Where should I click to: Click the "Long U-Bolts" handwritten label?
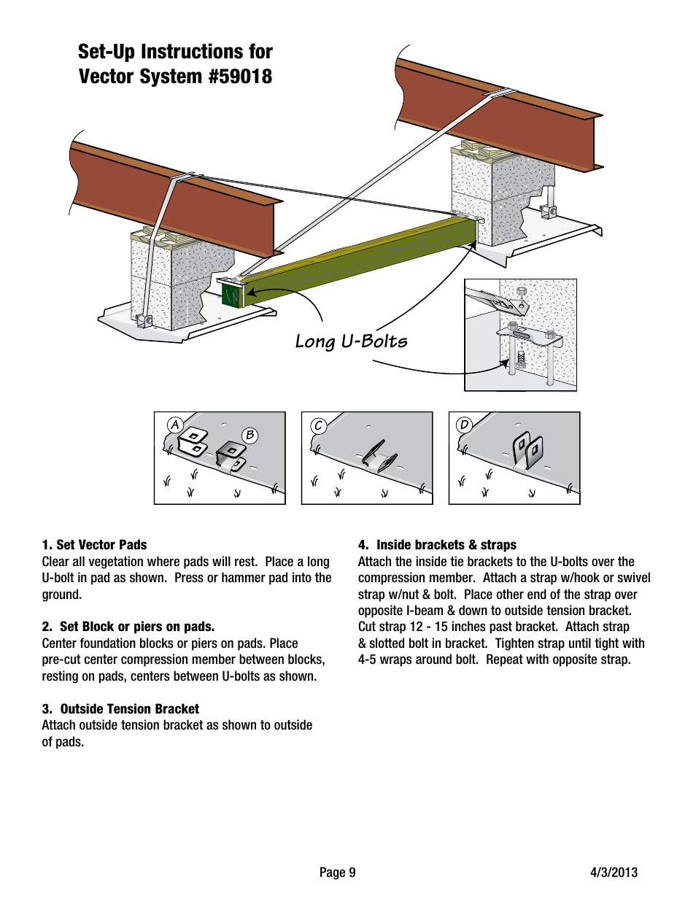[351, 341]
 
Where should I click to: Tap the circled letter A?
[174, 425]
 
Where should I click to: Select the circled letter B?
[250, 435]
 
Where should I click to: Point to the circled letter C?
[318, 425]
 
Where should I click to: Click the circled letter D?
[464, 425]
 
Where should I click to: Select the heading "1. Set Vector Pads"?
[94, 545]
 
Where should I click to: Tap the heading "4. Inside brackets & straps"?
[437, 545]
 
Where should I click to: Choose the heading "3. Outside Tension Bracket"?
[120, 709]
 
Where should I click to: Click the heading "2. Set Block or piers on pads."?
[128, 627]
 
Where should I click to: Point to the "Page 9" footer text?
[337, 873]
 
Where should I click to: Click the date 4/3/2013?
[614, 873]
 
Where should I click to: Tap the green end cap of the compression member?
[231, 295]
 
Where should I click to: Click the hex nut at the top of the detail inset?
[521, 291]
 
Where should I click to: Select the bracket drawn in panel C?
[379, 457]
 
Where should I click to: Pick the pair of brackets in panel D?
[527, 450]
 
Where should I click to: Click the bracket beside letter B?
[231, 455]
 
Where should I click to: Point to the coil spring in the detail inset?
[521, 357]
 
